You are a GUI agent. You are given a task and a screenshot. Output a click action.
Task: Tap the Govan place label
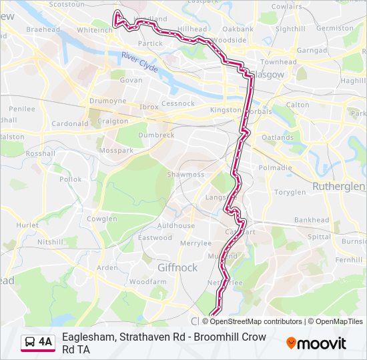[x=131, y=80]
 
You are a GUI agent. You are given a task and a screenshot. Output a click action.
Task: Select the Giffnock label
[x=177, y=267]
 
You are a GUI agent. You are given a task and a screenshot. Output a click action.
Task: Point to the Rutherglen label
[x=339, y=186]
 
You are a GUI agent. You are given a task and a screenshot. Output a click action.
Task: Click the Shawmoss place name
[x=186, y=175]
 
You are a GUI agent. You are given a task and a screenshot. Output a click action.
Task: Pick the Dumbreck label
[x=157, y=135]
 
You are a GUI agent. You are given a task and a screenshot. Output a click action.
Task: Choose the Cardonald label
[x=70, y=123]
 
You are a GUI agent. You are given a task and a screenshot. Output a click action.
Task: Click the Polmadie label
[x=275, y=168]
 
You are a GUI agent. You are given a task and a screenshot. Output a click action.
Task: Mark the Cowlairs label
[x=287, y=6]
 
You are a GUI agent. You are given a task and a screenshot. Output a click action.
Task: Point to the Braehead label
[x=42, y=30]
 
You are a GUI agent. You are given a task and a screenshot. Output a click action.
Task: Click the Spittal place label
[x=319, y=237]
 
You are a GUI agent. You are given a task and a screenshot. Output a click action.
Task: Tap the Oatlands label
[x=278, y=138]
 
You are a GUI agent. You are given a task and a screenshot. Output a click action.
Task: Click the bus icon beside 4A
[x=30, y=342]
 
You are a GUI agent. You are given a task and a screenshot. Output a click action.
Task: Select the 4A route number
[x=45, y=342]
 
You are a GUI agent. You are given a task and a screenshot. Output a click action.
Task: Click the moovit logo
[x=316, y=343]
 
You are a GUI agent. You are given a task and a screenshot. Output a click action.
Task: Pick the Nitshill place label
[x=50, y=242]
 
